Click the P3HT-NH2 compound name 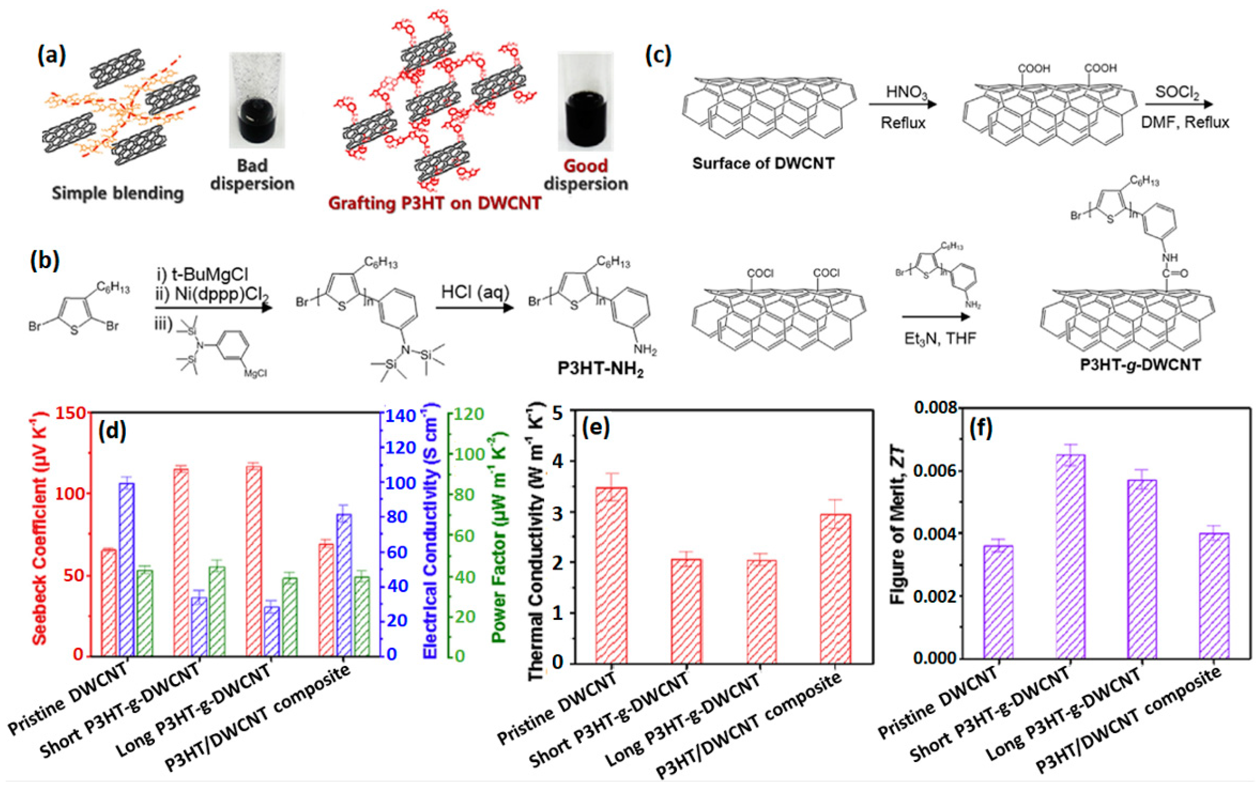601,369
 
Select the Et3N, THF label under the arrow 940,338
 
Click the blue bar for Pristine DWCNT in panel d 127,569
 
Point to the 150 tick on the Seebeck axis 71,413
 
